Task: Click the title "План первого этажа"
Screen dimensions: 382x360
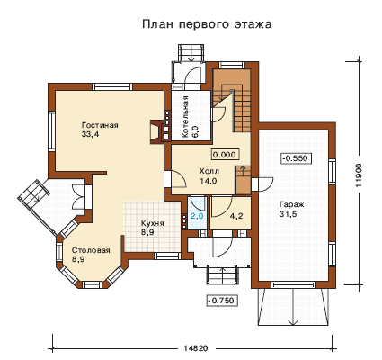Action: [x=207, y=24]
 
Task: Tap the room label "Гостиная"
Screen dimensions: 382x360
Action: [x=100, y=125]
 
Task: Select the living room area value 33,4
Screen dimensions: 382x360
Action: [x=90, y=134]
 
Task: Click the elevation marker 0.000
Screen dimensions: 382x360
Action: [x=226, y=155]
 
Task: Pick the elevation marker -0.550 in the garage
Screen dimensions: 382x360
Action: [x=296, y=158]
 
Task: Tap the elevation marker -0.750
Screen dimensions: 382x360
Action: [x=222, y=301]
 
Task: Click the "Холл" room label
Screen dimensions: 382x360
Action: [x=209, y=172]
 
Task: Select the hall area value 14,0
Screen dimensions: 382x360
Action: [x=209, y=181]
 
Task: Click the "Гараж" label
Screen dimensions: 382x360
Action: [x=291, y=205]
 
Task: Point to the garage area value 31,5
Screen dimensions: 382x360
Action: [x=288, y=214]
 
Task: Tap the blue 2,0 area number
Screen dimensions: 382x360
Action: [x=197, y=216]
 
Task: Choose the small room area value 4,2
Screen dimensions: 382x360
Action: [x=236, y=216]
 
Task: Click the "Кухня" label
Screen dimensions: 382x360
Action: [x=153, y=223]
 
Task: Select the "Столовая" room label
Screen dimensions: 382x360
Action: [x=91, y=250]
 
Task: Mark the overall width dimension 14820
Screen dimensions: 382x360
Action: [x=196, y=348]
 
